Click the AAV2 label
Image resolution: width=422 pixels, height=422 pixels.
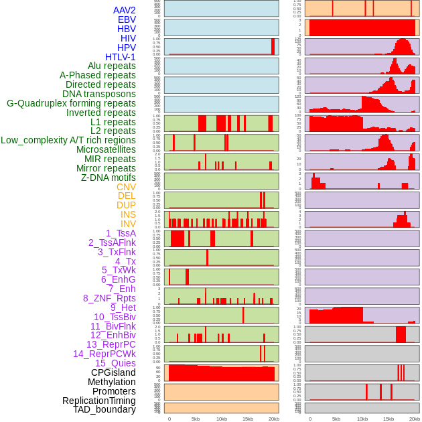(x=124, y=10)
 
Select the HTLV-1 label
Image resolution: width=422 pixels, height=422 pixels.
(x=120, y=57)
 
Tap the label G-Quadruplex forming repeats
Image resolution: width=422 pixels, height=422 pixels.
(x=71, y=103)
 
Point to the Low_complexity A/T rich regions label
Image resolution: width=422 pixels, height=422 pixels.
(x=68, y=140)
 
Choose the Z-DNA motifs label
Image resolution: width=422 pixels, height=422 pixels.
(x=108, y=178)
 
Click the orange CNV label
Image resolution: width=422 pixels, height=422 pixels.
(x=126, y=187)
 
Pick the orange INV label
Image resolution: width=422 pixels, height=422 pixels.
(x=128, y=224)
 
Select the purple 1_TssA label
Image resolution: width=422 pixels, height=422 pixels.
(x=121, y=233)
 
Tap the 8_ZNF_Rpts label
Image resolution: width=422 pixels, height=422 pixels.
(x=109, y=298)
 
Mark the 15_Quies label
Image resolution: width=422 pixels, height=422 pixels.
(x=115, y=363)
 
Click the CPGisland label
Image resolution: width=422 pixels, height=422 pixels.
(x=113, y=372)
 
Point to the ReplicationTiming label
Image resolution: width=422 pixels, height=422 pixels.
(x=98, y=401)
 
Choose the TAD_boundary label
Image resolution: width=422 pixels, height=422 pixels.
(x=104, y=409)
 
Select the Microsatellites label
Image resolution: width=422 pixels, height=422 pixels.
(x=106, y=149)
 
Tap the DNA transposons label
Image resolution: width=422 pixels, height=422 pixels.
(x=99, y=94)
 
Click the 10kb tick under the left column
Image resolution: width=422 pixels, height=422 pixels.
(x=221, y=419)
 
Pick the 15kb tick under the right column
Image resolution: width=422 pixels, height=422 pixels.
(x=389, y=419)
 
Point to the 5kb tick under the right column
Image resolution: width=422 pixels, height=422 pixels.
(x=336, y=419)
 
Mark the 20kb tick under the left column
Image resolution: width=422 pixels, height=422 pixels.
(x=273, y=419)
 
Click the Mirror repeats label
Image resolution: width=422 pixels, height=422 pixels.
(x=105, y=168)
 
